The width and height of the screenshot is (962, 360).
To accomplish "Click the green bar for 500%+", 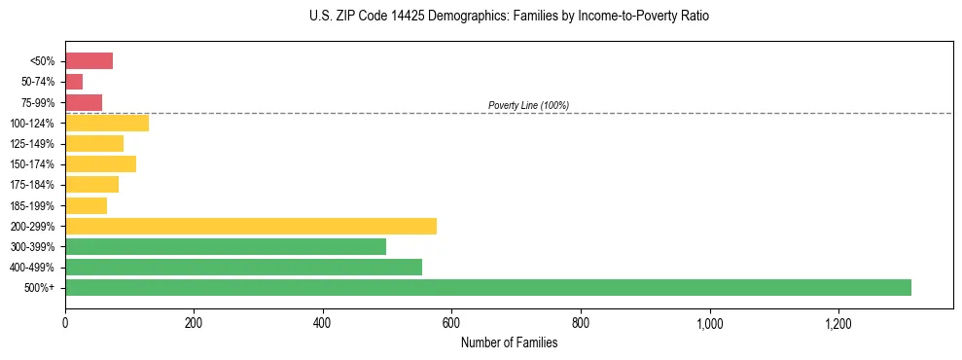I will tap(487, 287).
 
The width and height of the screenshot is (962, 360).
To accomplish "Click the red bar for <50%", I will tap(89, 61).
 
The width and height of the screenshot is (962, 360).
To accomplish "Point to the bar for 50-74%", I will tap(74, 82).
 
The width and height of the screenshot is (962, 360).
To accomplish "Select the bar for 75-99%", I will tap(84, 102).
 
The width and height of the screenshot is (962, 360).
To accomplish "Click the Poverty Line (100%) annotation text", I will tap(528, 105).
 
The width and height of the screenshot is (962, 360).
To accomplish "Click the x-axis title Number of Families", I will tap(509, 342).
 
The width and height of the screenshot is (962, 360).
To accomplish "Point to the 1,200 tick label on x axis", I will tap(837, 323).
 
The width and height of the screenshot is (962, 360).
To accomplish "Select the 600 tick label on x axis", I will tap(451, 323).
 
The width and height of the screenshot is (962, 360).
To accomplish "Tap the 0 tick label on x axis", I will tap(65, 323).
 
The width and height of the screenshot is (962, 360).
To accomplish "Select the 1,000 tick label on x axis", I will tap(709, 323).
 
